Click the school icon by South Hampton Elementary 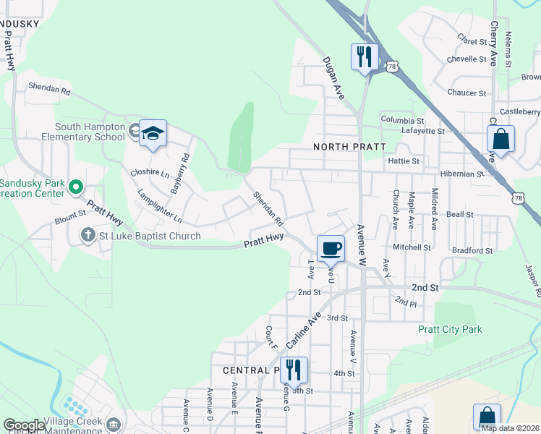[x=153, y=134]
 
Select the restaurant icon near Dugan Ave [x=365, y=56]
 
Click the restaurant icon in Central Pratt [x=294, y=370]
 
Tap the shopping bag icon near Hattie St [x=500, y=137]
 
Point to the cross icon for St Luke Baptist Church [x=88, y=235]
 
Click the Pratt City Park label [x=450, y=329]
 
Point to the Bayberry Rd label [x=179, y=173]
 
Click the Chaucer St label [x=467, y=93]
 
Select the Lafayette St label [x=422, y=131]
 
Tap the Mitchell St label [x=412, y=247]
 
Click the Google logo [x=24, y=426]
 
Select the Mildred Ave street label [x=434, y=209]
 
